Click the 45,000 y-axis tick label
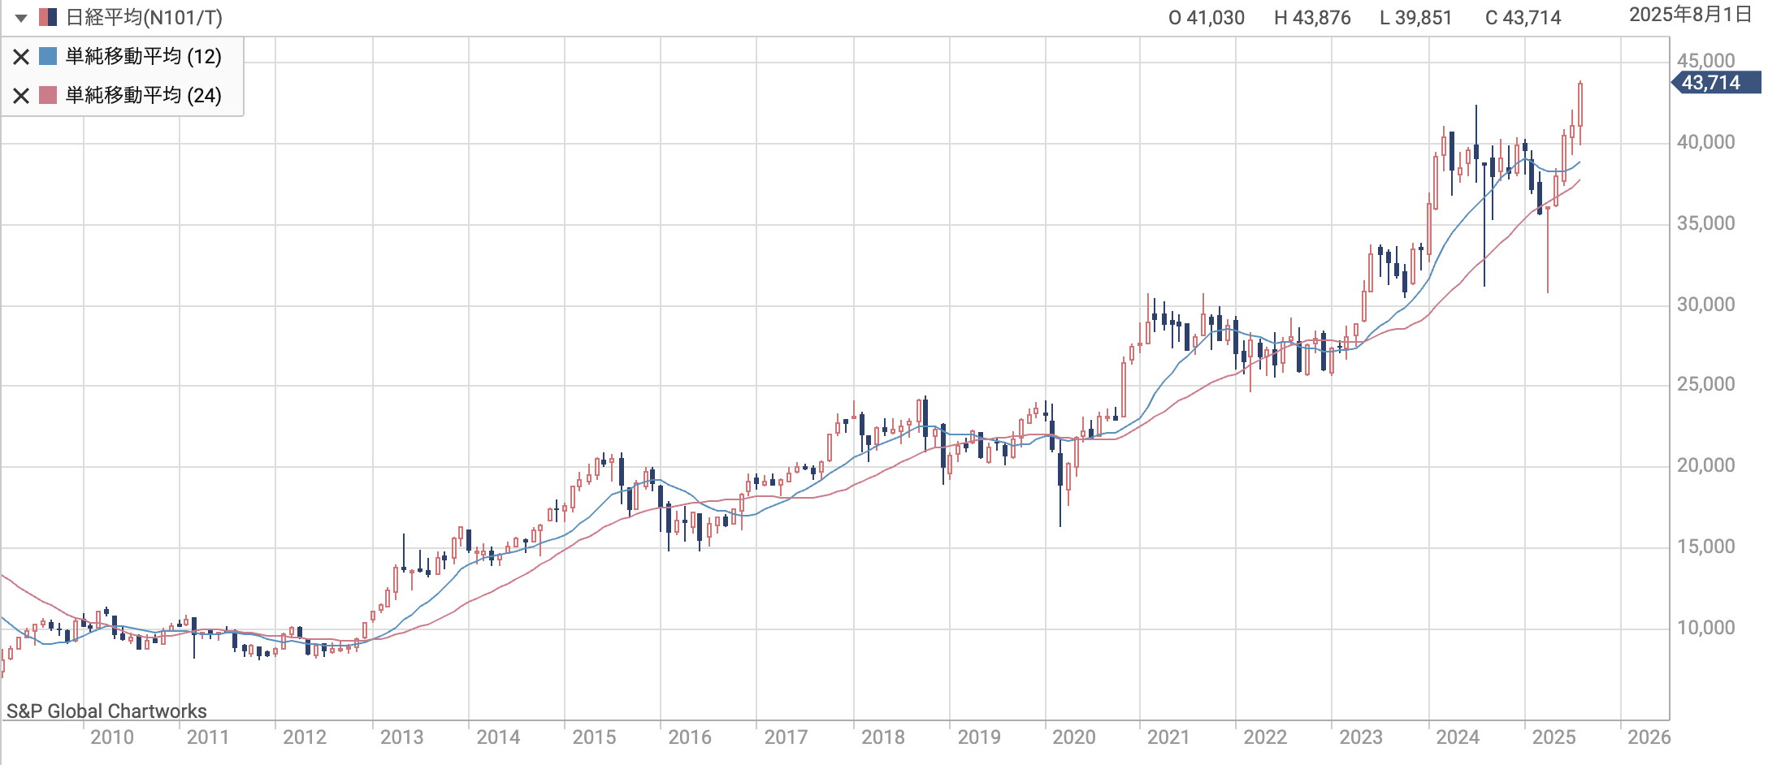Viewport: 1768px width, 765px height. tap(1705, 61)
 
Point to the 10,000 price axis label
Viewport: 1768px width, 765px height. tap(1705, 628)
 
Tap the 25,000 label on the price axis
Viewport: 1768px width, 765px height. tap(1705, 384)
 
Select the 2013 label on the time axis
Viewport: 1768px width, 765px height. tap(401, 737)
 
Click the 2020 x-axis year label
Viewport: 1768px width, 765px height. tap(1074, 737)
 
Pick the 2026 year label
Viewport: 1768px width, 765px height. tap(1649, 737)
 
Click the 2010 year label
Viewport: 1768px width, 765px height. tap(112, 737)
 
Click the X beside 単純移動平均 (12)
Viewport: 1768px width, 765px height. tap(21, 57)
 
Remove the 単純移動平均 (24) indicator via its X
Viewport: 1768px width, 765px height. tap(21, 96)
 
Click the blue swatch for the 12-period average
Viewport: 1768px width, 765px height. tap(48, 56)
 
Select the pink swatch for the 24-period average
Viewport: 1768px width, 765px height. tap(48, 95)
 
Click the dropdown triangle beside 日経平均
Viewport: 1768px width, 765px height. tap(21, 18)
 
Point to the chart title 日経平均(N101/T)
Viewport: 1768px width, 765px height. tap(144, 18)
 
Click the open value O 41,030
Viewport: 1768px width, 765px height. tap(1206, 18)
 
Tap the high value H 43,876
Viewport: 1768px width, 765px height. tap(1311, 18)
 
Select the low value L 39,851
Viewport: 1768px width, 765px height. tap(1415, 18)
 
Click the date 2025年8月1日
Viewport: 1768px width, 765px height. tap(1690, 15)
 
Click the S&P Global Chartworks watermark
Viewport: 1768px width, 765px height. tap(106, 711)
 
